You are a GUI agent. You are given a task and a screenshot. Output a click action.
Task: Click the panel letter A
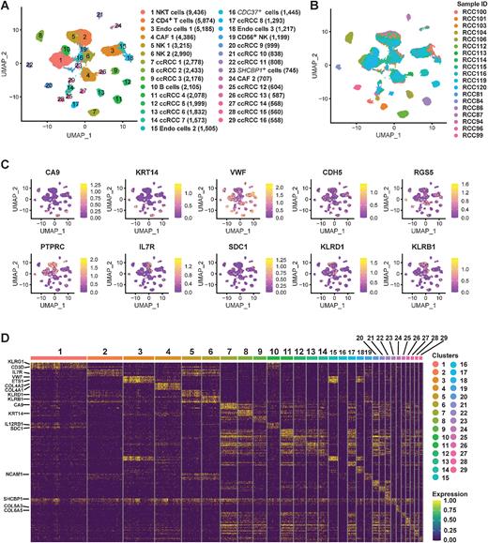click(x=6, y=7)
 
